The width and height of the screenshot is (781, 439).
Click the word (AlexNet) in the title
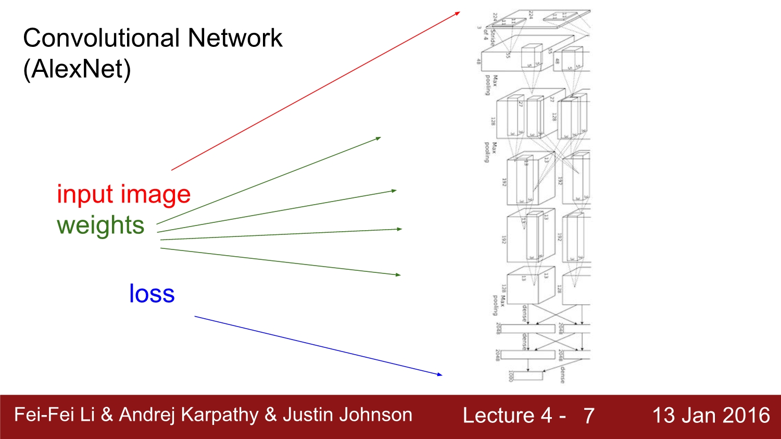pos(77,69)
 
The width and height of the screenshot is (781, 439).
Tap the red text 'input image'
pos(124,194)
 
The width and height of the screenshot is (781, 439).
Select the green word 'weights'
pos(100,225)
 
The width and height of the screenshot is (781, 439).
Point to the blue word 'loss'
pos(152,294)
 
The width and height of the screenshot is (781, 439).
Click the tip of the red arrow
pos(460,12)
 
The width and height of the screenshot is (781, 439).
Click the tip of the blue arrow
pos(442,374)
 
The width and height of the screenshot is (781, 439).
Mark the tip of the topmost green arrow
pos(381,137)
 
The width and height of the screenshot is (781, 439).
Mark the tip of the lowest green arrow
pos(400,275)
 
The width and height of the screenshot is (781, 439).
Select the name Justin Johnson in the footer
pos(347,415)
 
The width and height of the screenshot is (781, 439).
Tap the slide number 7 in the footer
pos(588,416)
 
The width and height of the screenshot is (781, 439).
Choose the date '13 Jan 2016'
pos(711,415)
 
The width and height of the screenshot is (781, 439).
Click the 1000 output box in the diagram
pos(528,375)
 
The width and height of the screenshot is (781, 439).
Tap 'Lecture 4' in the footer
pos(507,416)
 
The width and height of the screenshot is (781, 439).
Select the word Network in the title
pos(235,38)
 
